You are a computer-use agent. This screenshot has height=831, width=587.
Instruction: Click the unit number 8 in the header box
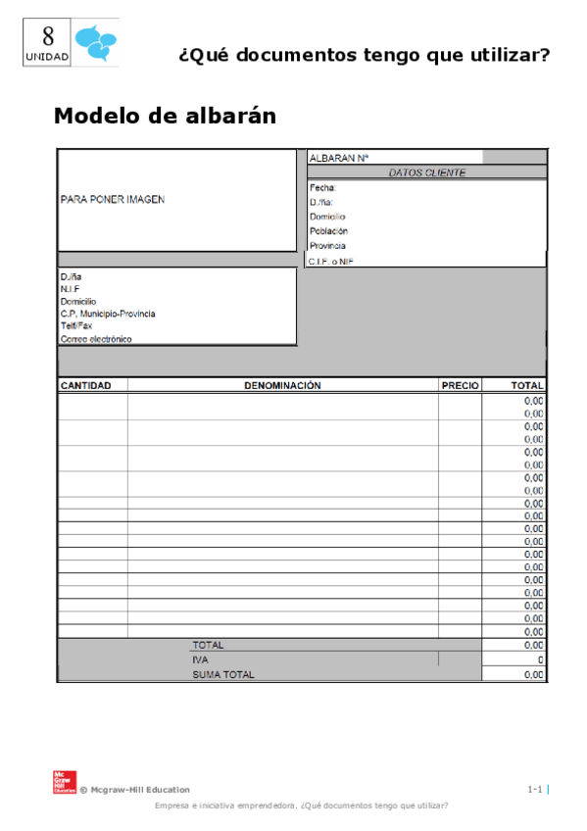[47, 38]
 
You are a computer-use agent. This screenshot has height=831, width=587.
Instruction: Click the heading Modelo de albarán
[165, 116]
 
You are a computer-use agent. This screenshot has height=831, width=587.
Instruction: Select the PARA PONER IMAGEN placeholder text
[113, 199]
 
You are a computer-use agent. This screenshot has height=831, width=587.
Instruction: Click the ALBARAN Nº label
[338, 158]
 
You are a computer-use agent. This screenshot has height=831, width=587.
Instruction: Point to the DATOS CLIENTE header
[427, 172]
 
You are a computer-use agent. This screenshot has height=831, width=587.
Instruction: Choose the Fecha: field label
[323, 187]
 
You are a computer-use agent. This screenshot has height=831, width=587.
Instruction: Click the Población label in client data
[328, 231]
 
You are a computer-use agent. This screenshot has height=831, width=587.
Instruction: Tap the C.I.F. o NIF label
[330, 262]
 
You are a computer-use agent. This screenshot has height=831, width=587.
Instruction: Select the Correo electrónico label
[96, 339]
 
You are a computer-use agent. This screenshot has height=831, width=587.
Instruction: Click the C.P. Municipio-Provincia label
[107, 314]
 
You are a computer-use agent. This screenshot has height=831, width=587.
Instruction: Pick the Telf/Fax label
[75, 326]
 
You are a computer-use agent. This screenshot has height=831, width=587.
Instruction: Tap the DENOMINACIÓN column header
[282, 386]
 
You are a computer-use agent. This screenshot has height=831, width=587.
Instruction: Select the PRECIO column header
[460, 386]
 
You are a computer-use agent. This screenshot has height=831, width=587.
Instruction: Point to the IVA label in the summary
[201, 660]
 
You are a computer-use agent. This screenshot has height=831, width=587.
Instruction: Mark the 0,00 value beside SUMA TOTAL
[533, 674]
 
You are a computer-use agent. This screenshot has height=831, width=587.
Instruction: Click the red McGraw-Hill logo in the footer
[62, 781]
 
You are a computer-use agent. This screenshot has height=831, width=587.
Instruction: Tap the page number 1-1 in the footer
[535, 789]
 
